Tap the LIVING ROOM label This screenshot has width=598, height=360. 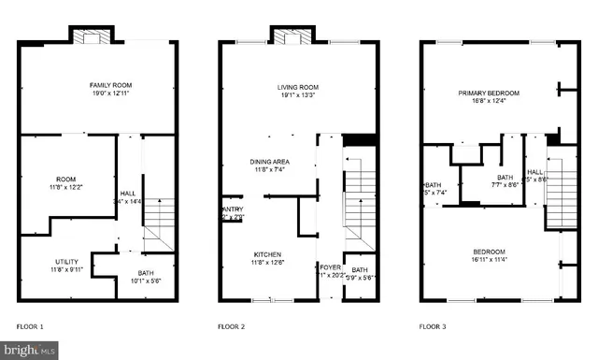(298, 86)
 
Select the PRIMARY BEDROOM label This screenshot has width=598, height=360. (489, 93)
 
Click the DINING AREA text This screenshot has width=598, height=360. (269, 161)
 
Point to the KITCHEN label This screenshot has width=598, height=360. (268, 254)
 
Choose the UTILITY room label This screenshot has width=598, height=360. (65, 261)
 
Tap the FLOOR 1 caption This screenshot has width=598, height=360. (30, 326)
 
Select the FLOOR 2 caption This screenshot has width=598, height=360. (231, 326)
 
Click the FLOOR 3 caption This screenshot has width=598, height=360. (434, 326)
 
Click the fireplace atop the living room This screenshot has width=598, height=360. (292, 36)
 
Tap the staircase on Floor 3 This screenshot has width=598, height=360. (557, 192)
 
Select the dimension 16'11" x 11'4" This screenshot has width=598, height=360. (489, 259)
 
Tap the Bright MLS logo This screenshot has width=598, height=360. (29, 352)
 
